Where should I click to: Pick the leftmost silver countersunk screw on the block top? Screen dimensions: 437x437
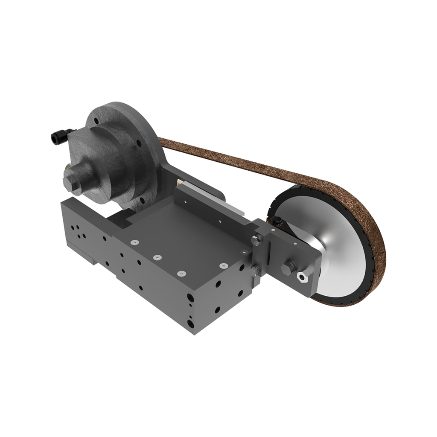click(135, 242)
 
